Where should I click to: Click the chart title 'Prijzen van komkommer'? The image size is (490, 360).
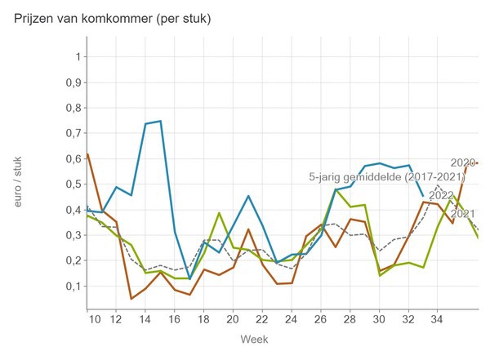[113, 19]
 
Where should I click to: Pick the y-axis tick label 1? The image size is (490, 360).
[77, 57]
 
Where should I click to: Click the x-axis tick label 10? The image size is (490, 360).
[96, 317]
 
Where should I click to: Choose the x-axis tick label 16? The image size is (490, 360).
[175, 317]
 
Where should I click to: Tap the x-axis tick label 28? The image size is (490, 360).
[350, 317]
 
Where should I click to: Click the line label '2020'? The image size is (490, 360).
[463, 162]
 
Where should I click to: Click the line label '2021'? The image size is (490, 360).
[463, 214]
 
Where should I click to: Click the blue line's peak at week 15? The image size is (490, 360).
[160, 121]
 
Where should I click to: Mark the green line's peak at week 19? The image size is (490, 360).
[219, 212]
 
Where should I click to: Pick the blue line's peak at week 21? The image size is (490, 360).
[248, 196]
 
